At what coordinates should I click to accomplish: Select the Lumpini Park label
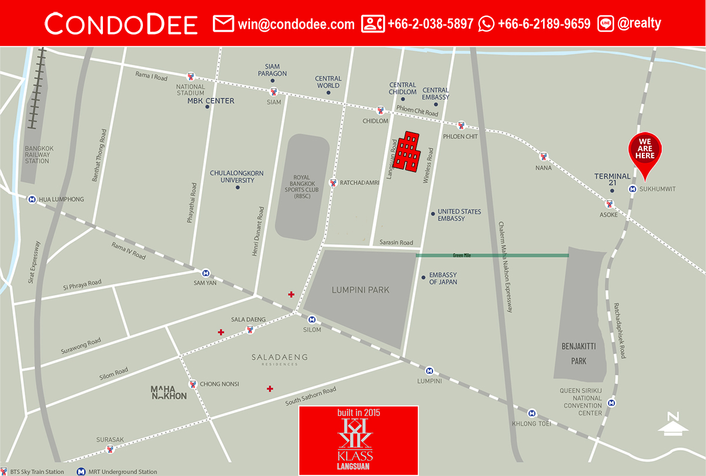[360, 289]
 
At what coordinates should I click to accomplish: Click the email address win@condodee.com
[296, 24]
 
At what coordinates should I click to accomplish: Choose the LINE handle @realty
[639, 24]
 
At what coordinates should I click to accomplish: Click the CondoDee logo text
[121, 24]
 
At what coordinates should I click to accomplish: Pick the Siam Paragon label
[272, 70]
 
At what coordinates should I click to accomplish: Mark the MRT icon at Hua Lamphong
[31, 199]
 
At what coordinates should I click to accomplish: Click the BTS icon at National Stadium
[191, 76]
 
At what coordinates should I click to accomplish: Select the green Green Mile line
[492, 255]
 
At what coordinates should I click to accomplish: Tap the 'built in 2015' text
[358, 413]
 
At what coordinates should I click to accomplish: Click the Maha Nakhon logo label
[168, 392]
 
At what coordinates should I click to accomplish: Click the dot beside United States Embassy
[432, 213]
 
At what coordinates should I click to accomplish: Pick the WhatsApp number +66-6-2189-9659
[544, 24]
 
